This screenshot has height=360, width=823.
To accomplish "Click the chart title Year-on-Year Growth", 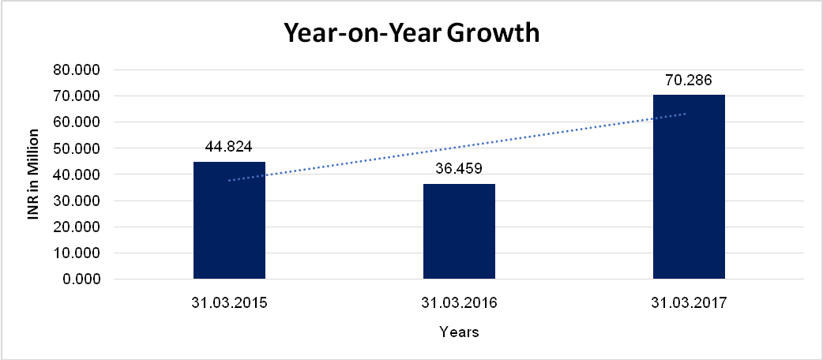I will pos(411,34).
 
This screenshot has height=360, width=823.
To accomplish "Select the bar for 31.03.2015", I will pos(230,220).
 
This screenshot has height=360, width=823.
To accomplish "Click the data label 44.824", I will pos(229,146).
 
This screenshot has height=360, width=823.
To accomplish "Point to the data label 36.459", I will pos(459,168).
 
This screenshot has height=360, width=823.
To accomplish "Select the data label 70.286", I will pos(689,80).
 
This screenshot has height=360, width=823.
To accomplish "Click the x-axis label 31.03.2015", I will pos(230,302).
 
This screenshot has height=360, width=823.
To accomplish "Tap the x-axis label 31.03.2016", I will pos(459,302).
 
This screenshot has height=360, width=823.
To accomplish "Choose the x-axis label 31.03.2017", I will pos(689,302).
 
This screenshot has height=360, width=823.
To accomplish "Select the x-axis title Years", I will pos(459,332).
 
